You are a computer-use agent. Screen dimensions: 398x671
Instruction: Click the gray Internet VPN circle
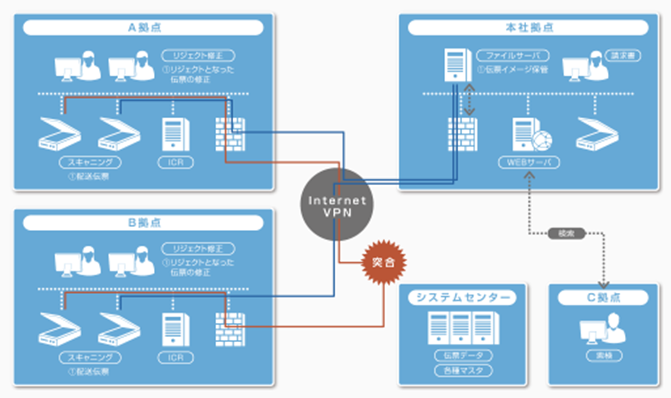(337, 205)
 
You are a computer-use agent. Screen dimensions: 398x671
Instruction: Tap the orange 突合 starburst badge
(383, 262)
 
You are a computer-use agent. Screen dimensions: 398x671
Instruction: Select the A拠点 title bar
(143, 27)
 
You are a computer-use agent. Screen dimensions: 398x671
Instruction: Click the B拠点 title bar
(143, 223)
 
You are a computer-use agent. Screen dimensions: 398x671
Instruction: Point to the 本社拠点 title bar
(528, 27)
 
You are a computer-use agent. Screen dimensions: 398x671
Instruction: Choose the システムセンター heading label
(462, 297)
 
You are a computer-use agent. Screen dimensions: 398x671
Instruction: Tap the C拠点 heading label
(603, 297)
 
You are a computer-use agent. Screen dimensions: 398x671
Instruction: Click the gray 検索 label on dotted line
(566, 233)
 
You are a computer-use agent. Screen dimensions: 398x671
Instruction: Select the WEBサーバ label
(529, 162)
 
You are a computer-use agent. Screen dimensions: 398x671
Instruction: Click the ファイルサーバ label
(513, 56)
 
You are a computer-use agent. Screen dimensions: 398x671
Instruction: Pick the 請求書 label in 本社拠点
(623, 56)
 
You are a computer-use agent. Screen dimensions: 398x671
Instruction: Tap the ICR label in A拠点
(176, 162)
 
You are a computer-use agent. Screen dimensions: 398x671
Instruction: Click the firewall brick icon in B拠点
(230, 330)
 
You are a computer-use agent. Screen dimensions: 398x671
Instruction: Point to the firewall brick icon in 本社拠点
(462, 134)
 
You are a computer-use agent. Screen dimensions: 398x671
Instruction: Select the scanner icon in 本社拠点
(597, 134)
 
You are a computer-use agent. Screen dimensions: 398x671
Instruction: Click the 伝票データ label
(463, 356)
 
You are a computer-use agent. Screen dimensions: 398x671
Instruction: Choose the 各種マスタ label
(463, 371)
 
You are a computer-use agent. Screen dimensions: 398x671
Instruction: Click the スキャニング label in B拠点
(90, 358)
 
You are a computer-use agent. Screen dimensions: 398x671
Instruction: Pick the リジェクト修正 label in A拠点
(198, 56)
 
